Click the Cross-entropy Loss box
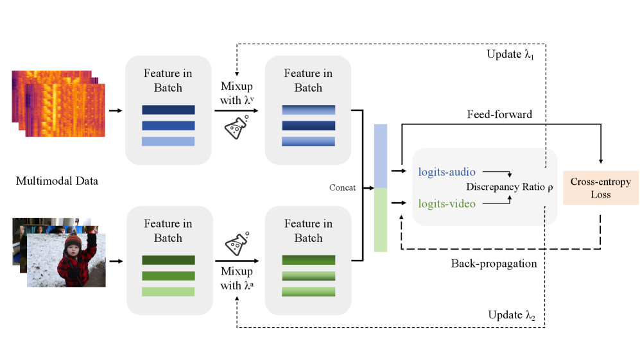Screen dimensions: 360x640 click(x=601, y=187)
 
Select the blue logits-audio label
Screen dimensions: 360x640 click(x=447, y=171)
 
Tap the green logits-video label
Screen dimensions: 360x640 click(x=447, y=203)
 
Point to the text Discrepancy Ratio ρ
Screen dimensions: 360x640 click(x=510, y=187)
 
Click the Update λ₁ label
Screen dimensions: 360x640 click(x=510, y=55)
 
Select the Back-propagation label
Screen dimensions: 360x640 click(x=494, y=263)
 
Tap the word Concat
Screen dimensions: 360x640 click(x=342, y=187)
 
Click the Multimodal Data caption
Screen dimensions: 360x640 click(x=57, y=181)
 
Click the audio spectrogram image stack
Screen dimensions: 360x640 click(x=58, y=103)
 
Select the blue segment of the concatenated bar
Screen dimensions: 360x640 click(x=381, y=155)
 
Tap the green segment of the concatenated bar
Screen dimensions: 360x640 click(x=381, y=219)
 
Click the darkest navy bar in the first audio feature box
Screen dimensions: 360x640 click(x=168, y=110)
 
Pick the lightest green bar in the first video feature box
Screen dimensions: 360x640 click(x=168, y=291)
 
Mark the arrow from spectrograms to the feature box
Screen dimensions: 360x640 click(x=116, y=110)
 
